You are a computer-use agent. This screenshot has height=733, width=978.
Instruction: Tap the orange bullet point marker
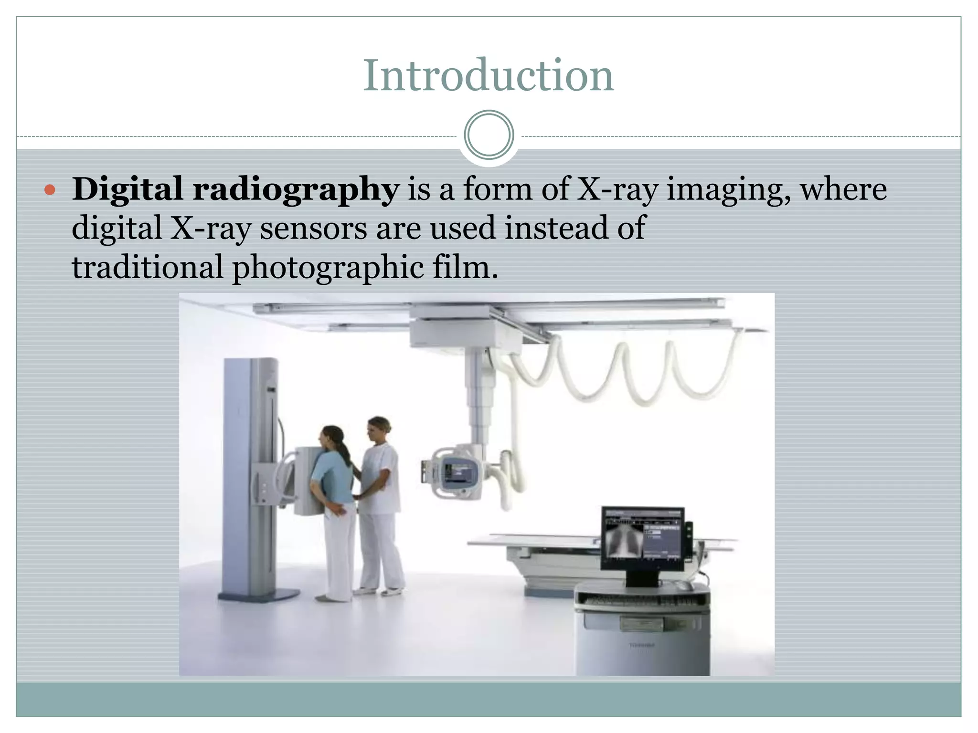[x=50, y=190]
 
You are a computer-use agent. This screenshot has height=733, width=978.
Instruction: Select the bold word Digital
[x=127, y=189]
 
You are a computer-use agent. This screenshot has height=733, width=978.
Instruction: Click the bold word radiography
[x=296, y=189]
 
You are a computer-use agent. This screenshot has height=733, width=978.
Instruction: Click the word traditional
[x=147, y=267]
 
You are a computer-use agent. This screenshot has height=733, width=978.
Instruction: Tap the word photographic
[x=328, y=267]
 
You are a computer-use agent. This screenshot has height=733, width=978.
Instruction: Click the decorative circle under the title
[x=489, y=135]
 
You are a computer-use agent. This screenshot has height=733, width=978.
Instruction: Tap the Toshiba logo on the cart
[x=641, y=645]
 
